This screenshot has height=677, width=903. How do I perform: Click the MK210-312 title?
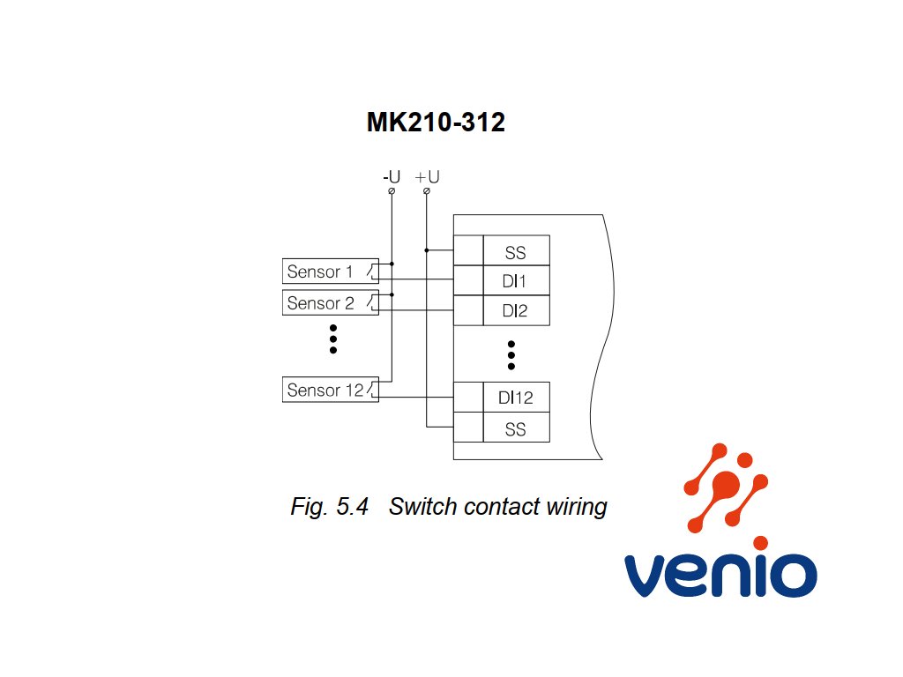pos(436,122)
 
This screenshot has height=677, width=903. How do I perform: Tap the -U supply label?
pos(392,176)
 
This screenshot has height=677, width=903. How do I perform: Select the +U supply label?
pos(428,176)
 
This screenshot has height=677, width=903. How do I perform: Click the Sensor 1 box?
pos(331,272)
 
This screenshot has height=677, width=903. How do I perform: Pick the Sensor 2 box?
pos(331,302)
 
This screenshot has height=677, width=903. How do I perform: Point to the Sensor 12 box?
pos(331,390)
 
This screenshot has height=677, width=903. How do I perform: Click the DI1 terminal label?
pos(514,281)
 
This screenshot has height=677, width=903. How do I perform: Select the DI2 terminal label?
pos(515,311)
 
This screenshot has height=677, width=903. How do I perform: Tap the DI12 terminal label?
pos(515,398)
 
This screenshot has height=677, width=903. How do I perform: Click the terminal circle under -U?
pos(392,191)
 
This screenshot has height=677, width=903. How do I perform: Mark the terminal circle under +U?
pos(427,191)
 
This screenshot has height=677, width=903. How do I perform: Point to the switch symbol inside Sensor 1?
pos(373,272)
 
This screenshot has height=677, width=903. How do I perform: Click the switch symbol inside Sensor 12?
pos(373,390)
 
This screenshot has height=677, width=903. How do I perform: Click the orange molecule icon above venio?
pos(726,487)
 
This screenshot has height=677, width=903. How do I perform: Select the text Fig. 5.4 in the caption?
pos(330,507)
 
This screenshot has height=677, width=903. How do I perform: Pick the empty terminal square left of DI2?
pos(468,311)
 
